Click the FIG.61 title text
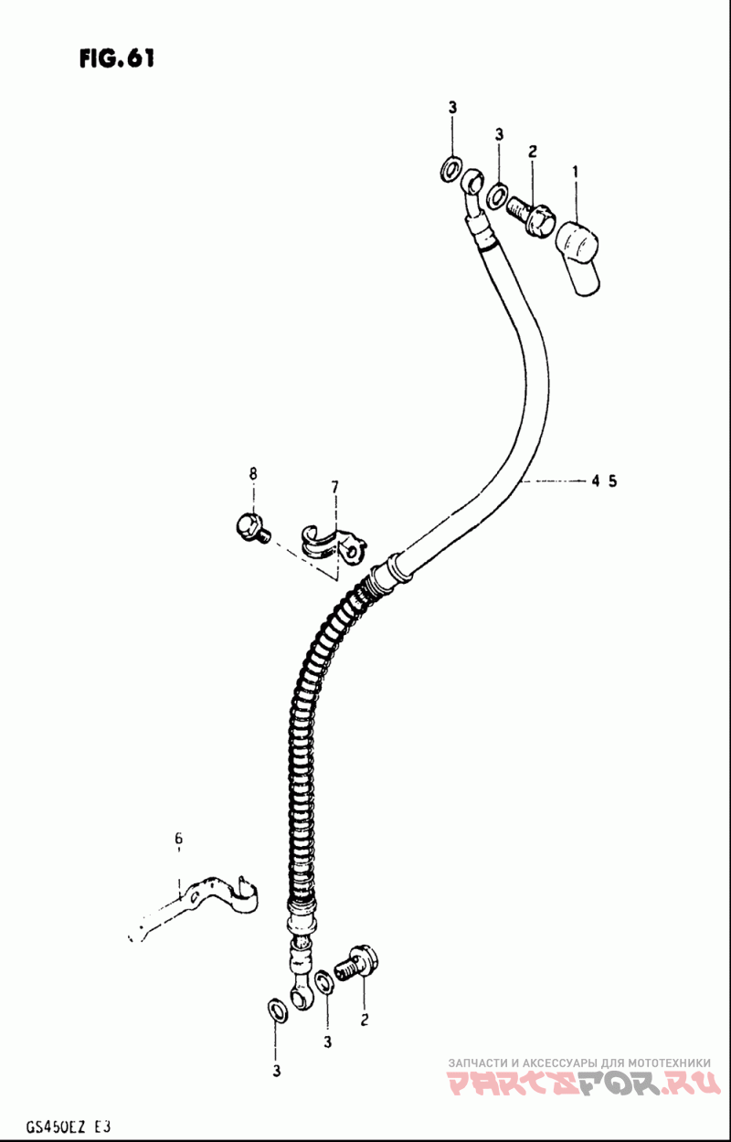point(116,59)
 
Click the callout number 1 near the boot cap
point(576,173)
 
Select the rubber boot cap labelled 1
point(578,257)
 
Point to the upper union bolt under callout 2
point(531,217)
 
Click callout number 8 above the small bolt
point(253,473)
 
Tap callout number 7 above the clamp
point(334,487)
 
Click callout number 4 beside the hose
point(596,481)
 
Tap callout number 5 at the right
point(612,481)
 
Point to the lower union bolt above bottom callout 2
point(357,962)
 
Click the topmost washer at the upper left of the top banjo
point(450,169)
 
